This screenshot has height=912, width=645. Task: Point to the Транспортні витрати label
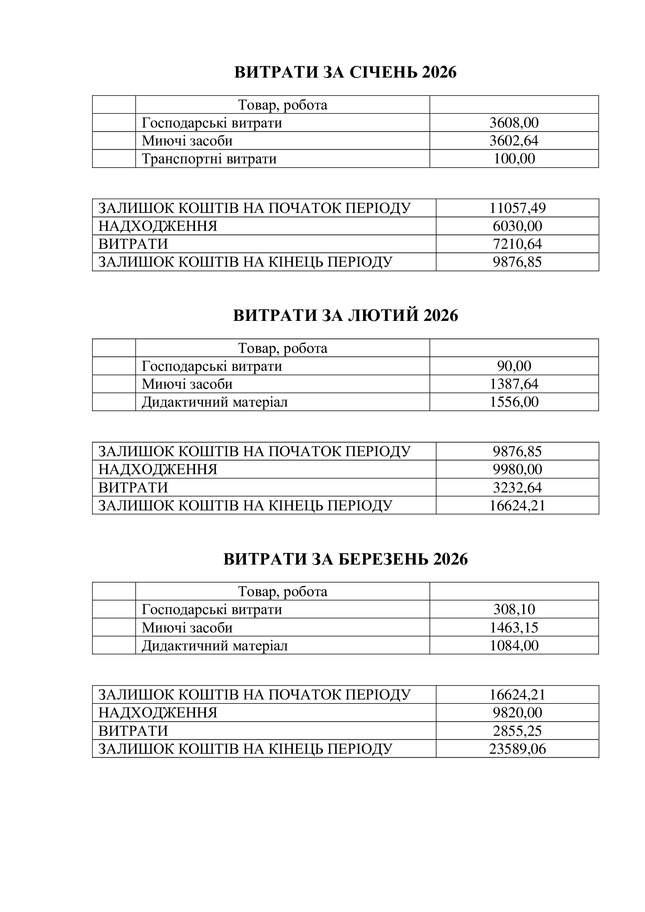click(x=209, y=159)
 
